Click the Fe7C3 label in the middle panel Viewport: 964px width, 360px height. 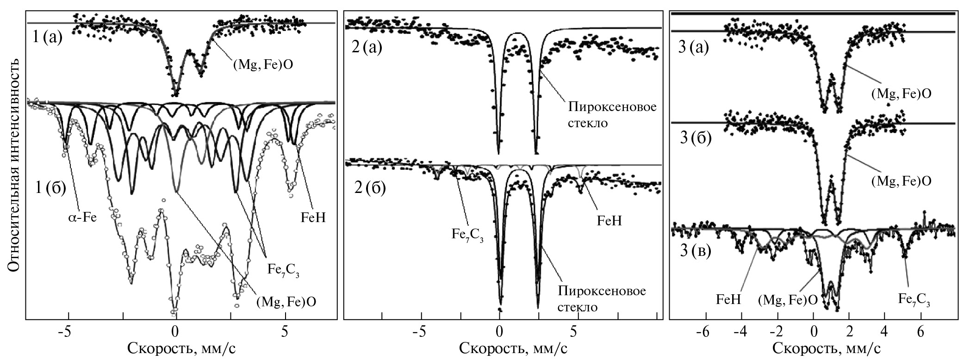[x=467, y=234]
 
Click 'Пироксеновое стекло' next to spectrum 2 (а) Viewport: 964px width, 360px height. [x=612, y=115]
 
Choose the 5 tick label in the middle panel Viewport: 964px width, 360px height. [x=574, y=332]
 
